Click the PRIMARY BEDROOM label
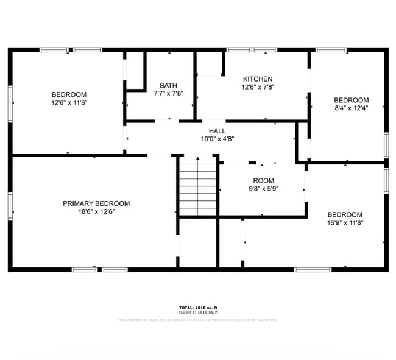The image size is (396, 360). point(96,203)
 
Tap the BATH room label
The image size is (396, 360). point(168,85)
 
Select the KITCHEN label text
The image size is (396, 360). point(258,79)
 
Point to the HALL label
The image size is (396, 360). point(217,131)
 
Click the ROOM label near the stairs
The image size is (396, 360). point(264,181)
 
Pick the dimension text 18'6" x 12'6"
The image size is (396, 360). point(96,211)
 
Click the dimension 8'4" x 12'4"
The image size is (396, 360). point(351,108)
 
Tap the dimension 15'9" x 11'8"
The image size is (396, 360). point(345,223)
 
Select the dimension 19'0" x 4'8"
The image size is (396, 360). point(217,139)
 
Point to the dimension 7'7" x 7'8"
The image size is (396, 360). point(168,94)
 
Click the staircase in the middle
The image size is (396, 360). point(198,185)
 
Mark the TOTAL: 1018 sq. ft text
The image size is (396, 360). point(198,308)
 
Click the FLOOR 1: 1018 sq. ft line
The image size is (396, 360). point(198,312)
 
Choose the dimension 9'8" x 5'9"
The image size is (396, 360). point(264,189)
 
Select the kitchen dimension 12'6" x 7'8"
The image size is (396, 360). point(258,87)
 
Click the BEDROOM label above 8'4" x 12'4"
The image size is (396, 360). point(351,100)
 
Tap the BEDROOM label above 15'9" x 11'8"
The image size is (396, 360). point(345,214)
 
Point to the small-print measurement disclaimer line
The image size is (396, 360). point(198,319)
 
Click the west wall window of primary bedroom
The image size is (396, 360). point(10,205)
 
